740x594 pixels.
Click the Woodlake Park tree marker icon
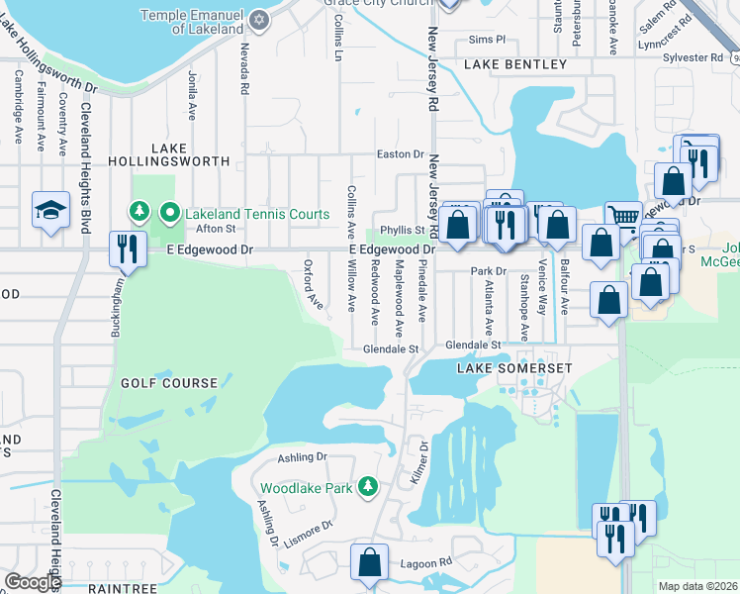coord(368,487)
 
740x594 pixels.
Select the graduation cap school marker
coord(50,210)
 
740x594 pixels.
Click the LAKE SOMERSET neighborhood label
coord(514,368)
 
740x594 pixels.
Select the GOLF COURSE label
coord(169,382)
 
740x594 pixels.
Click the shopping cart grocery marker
coord(622,217)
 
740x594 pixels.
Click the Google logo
coord(33,582)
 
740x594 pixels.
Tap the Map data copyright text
coord(697,586)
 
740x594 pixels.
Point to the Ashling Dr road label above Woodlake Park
coord(302,457)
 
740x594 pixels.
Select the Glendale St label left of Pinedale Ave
coord(392,349)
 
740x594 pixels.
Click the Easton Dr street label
coord(401,154)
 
